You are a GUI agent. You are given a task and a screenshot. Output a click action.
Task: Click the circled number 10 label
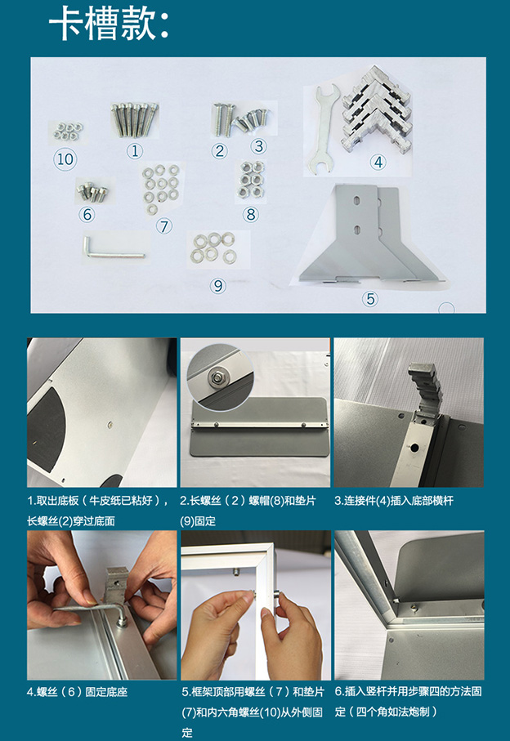[65, 159]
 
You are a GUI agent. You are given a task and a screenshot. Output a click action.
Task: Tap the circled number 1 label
[135, 151]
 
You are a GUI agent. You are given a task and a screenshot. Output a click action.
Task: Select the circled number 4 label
[378, 162]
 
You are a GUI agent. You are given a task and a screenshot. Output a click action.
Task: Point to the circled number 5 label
[370, 299]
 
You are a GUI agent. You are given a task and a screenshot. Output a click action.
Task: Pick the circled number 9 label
[218, 285]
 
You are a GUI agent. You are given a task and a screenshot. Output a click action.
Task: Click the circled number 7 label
[164, 226]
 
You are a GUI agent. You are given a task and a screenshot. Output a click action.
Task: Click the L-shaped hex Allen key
[113, 251]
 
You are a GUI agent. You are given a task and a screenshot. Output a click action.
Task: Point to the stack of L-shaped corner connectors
[378, 109]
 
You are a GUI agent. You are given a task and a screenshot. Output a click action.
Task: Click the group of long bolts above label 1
[135, 119]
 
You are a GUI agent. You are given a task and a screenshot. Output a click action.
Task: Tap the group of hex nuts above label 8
[251, 180]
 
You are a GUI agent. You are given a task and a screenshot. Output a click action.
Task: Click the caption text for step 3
[394, 501]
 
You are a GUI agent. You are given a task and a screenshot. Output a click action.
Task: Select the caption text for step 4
[77, 692]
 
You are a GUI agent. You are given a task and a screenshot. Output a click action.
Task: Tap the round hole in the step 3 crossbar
[414, 446]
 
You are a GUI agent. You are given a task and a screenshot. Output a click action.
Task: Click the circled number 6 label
[87, 215]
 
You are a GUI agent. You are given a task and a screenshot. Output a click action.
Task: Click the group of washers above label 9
[213, 248]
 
